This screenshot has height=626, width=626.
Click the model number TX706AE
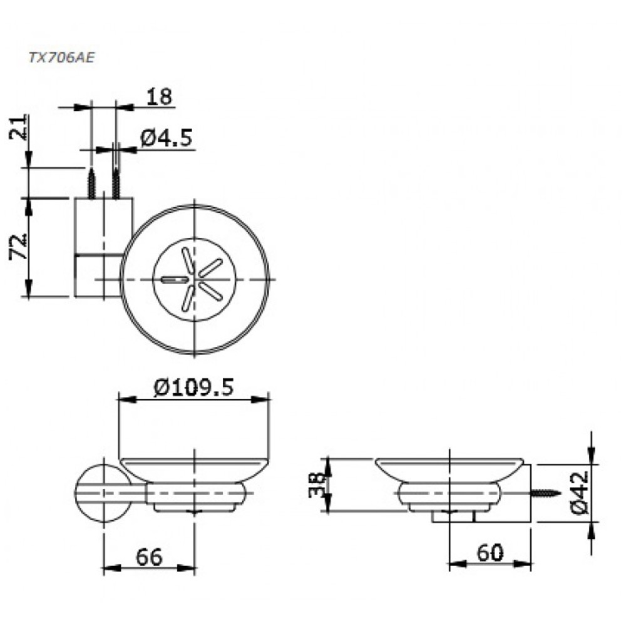pos(61,57)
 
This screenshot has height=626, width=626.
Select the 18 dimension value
pos(159,97)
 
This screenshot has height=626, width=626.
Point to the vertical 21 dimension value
pos(19,127)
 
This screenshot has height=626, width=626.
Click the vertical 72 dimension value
pos(19,248)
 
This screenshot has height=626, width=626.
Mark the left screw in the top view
pos(92,183)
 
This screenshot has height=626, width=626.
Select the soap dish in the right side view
pos(449,482)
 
